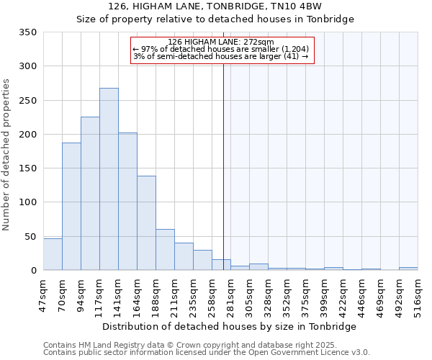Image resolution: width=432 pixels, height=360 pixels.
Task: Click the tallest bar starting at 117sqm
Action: (x=109, y=179)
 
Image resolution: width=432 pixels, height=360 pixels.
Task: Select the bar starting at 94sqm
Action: (x=90, y=194)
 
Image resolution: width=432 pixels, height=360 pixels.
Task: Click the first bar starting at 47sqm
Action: (x=53, y=254)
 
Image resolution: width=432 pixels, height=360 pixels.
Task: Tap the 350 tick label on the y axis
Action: (x=28, y=32)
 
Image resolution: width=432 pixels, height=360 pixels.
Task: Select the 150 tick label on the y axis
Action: (x=28, y=168)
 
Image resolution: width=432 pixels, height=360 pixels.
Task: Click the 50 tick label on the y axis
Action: (x=31, y=236)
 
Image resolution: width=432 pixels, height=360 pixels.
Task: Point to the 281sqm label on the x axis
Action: (x=230, y=294)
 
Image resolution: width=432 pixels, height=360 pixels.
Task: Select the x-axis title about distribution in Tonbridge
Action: (x=230, y=326)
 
